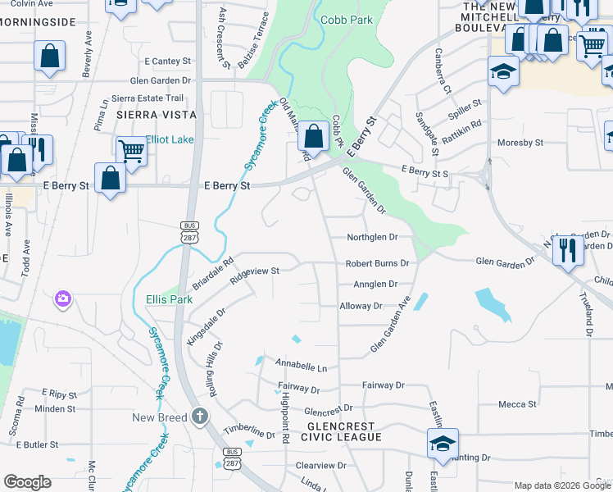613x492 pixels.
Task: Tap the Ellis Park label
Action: point(169,299)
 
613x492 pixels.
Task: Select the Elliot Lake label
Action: point(170,139)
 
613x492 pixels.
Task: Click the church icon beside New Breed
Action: point(199,417)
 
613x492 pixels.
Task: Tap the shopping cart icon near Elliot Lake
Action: point(130,150)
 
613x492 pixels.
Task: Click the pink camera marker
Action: point(63,299)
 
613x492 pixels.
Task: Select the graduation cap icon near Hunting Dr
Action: point(443,444)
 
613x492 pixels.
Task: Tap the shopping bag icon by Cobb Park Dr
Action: point(313,135)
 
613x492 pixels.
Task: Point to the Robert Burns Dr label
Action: point(376,263)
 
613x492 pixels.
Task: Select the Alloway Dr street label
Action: point(361,306)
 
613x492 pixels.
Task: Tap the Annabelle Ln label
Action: point(301,367)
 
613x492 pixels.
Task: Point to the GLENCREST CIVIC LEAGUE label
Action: point(340,432)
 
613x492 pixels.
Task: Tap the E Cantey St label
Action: point(167,61)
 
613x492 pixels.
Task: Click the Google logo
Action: point(27,482)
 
